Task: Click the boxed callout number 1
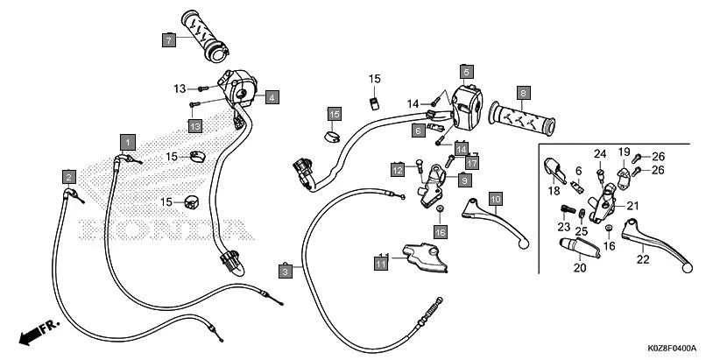click(128, 141)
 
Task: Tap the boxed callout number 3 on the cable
click(286, 272)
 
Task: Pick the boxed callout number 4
click(272, 97)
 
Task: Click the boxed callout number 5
click(467, 71)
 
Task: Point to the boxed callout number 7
click(168, 39)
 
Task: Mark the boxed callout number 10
click(494, 199)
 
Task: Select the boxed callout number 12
click(398, 169)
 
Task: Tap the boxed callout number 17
click(471, 163)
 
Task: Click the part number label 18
click(554, 190)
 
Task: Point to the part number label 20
click(579, 268)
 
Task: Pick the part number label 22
click(642, 258)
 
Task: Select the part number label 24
click(600, 154)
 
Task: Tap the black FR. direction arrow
click(38, 330)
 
